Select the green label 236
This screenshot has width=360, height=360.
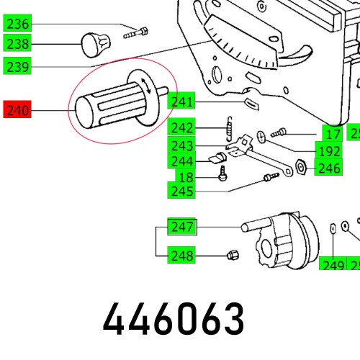click(x=17, y=24)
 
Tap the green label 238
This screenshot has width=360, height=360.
click(x=17, y=44)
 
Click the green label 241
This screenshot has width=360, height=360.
click(x=183, y=102)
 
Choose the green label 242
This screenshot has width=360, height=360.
click(x=183, y=128)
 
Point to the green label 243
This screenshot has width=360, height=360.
click(x=183, y=145)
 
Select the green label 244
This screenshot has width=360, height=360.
click(x=183, y=161)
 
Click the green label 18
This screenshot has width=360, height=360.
click(x=186, y=176)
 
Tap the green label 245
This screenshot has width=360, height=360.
click(x=183, y=191)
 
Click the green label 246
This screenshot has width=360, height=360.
click(x=329, y=168)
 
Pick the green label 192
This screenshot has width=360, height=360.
click(x=329, y=150)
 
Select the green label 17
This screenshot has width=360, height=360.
click(x=332, y=133)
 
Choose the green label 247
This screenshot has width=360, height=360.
click(x=183, y=228)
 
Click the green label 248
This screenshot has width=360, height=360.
click(x=183, y=254)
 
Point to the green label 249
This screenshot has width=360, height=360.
click(x=333, y=265)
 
